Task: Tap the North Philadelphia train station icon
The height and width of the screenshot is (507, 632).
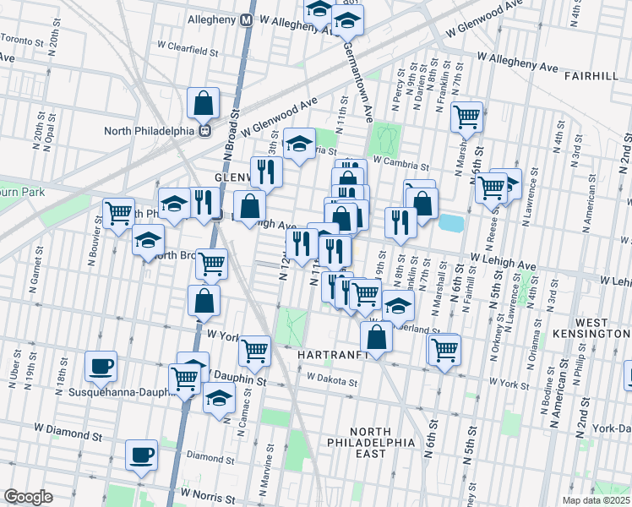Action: (x=204, y=131)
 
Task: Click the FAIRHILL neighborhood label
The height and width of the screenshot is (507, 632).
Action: (x=595, y=76)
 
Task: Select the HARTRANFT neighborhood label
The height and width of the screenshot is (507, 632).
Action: (x=334, y=355)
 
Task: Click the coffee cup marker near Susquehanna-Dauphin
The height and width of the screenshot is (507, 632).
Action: (x=101, y=367)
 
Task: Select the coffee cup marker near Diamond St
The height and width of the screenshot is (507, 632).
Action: (x=141, y=455)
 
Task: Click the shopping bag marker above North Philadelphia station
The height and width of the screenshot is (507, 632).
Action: (x=204, y=104)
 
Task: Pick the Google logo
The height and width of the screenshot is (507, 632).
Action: (x=28, y=496)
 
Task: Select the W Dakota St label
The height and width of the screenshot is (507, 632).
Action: (x=333, y=382)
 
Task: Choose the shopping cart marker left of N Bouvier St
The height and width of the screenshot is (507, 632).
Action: (x=119, y=212)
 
